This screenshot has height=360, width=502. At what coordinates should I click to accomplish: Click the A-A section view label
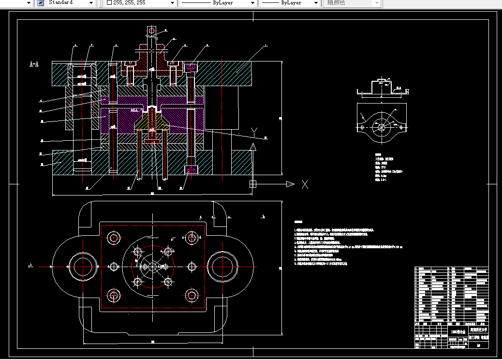click(x=34, y=64)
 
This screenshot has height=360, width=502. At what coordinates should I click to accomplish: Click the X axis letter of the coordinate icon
click(x=305, y=184)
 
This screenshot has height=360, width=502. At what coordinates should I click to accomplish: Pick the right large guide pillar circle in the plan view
click(x=222, y=266)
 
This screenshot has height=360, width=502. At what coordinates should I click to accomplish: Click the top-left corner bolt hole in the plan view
click(x=114, y=238)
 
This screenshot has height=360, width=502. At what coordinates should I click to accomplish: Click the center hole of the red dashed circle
click(x=153, y=266)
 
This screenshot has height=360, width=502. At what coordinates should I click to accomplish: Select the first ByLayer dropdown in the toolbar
click(x=218, y=3)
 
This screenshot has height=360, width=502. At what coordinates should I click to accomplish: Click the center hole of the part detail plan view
click(x=382, y=127)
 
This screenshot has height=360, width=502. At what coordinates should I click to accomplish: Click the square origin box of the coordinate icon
click(x=252, y=184)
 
